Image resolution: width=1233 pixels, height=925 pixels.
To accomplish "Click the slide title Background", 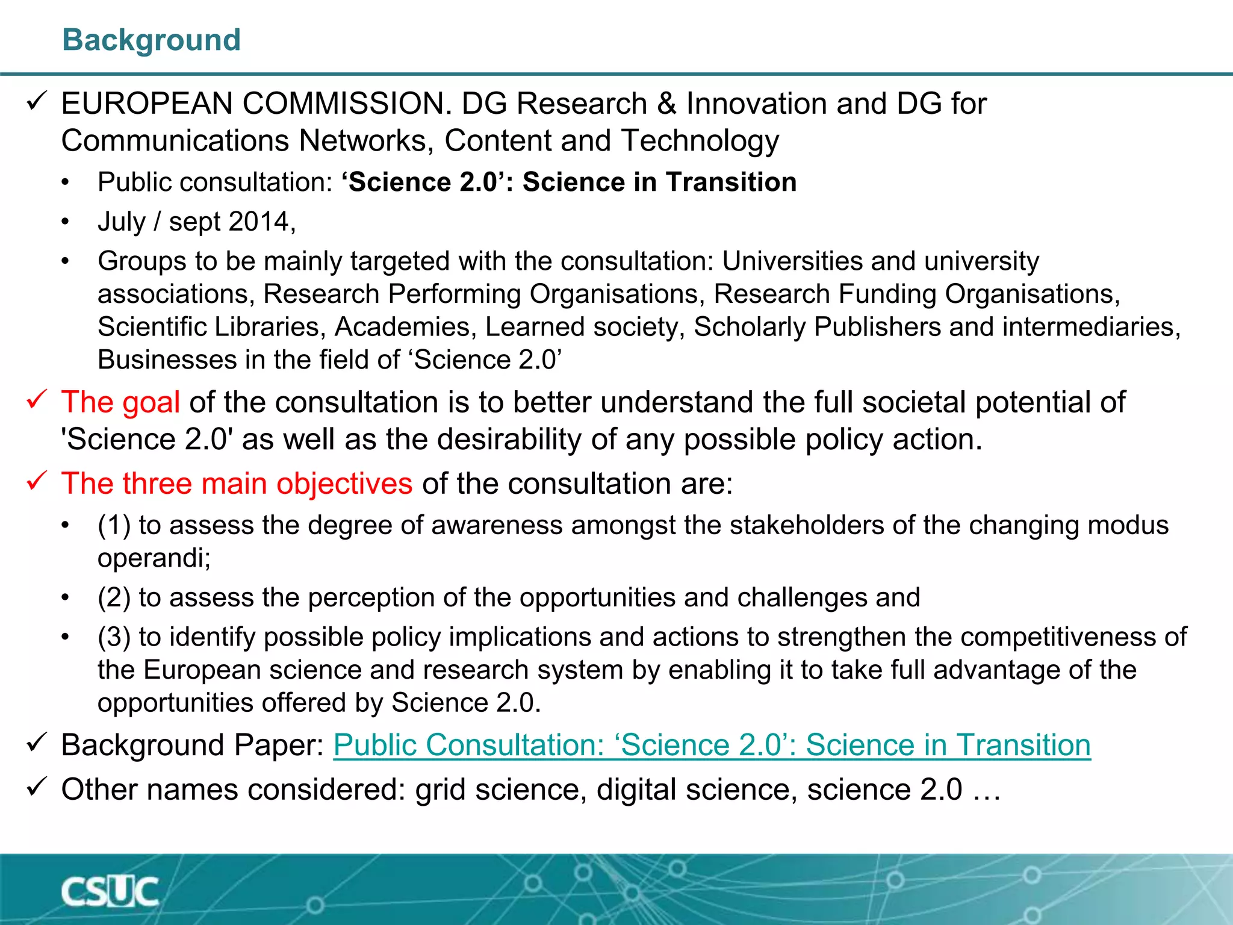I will (x=152, y=40).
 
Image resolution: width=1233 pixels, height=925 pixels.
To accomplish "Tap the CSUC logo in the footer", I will (x=110, y=892).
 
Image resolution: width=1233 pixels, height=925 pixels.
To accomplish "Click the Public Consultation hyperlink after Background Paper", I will (x=712, y=745).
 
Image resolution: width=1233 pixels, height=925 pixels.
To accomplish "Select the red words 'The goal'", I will (x=120, y=402).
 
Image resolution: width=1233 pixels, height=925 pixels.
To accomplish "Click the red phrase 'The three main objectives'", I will (x=237, y=484).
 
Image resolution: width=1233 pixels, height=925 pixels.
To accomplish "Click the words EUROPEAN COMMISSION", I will (x=256, y=104).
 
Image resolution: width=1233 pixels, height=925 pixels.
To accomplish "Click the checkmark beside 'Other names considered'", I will (x=37, y=787).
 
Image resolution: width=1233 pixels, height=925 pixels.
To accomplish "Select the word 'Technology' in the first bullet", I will (x=700, y=141).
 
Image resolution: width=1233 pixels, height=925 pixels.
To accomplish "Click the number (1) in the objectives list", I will (x=114, y=525).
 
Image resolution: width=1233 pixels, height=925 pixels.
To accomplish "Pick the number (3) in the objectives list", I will (x=114, y=637).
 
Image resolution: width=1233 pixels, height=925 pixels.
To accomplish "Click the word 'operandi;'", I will (x=154, y=558).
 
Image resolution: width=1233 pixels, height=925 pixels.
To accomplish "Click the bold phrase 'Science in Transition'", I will (x=659, y=182).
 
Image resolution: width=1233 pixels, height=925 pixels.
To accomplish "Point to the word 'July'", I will (x=122, y=222).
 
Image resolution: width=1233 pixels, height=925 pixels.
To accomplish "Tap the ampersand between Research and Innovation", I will (x=666, y=104).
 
